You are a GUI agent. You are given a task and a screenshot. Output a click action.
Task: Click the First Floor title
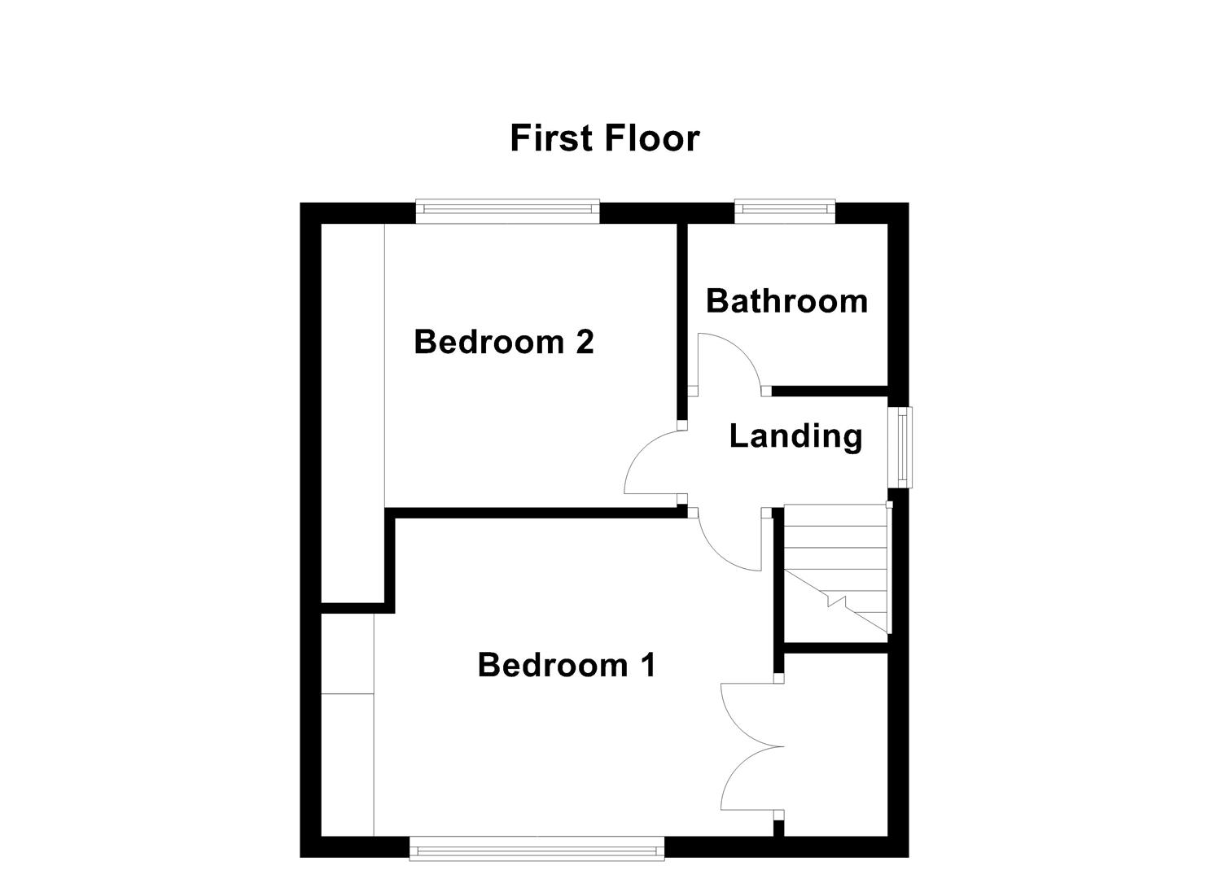604,138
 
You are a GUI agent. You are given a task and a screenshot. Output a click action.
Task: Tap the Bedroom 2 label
503,342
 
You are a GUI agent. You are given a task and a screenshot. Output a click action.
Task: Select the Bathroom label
786,301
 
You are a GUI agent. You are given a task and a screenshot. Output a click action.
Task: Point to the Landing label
795,436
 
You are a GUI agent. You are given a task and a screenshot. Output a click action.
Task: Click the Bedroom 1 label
566,665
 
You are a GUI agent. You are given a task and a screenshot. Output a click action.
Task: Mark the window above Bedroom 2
508,211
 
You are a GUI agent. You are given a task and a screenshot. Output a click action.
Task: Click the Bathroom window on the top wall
785,211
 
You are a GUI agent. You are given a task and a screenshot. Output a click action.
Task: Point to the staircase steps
834,562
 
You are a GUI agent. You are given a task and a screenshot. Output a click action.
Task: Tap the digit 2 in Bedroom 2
584,342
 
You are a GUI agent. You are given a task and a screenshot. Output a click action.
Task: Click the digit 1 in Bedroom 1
647,665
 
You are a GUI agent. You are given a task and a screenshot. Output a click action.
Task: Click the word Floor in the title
653,138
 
